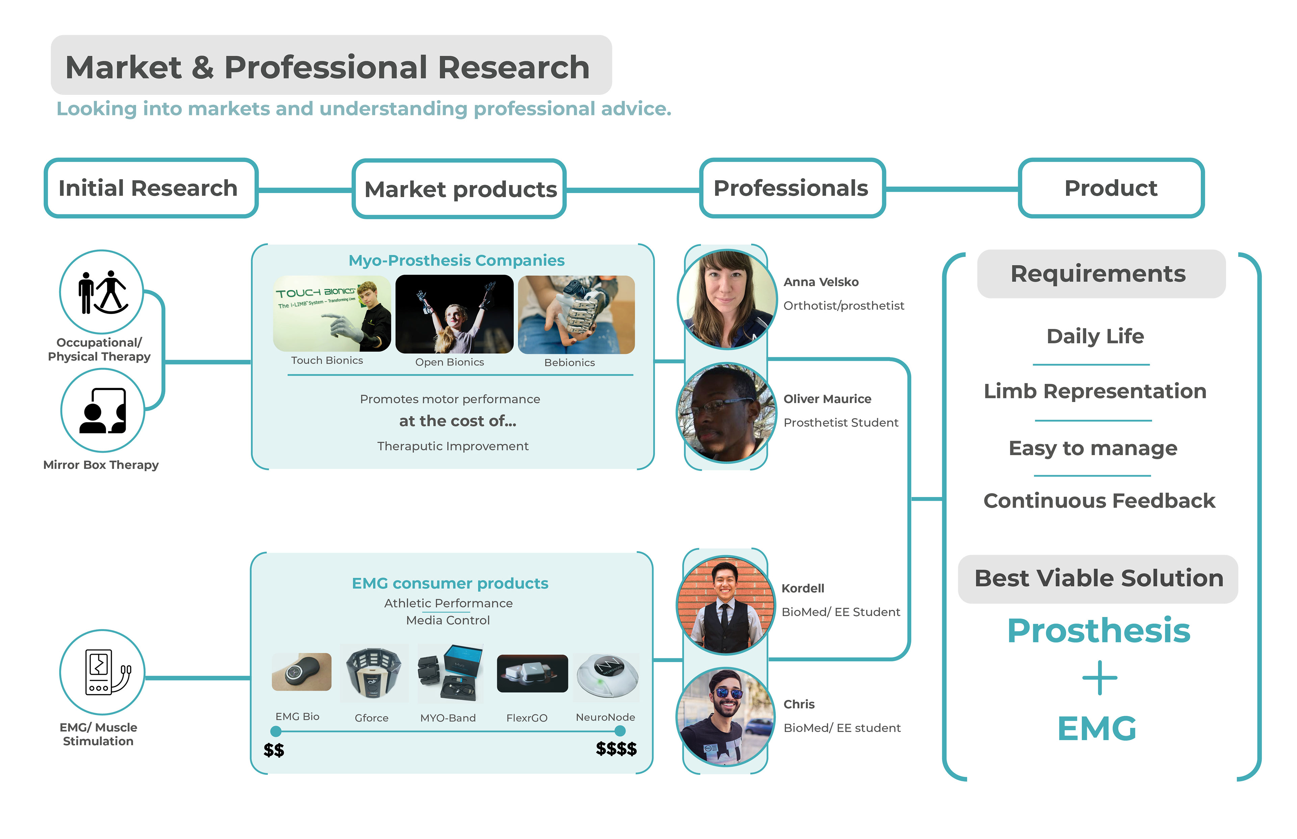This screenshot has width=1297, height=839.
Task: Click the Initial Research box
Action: [150, 188]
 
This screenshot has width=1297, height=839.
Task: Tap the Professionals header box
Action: [791, 188]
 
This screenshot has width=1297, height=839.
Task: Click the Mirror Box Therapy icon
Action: [102, 410]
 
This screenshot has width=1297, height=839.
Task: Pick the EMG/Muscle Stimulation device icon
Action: [102, 672]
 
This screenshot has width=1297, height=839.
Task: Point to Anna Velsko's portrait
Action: [727, 299]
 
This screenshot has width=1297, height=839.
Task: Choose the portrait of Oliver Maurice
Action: [726, 413]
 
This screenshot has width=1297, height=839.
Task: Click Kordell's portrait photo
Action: [725, 605]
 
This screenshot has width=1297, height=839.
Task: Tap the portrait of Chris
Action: [725, 717]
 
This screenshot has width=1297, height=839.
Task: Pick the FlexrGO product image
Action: [532, 673]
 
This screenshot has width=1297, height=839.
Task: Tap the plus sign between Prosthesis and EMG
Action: [1099, 678]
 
